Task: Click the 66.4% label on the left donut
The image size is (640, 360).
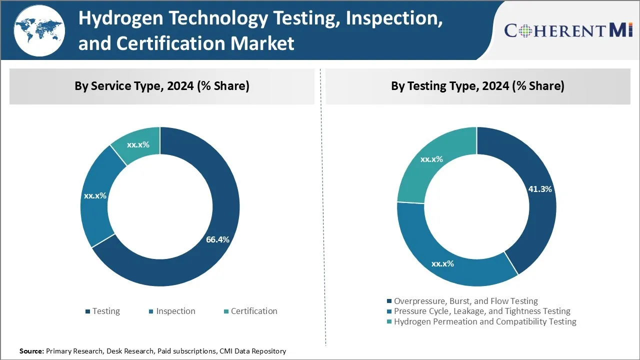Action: [x=217, y=239]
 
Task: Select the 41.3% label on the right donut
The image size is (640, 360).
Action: [x=540, y=189]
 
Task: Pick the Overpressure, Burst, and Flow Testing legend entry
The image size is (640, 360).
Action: [x=462, y=301]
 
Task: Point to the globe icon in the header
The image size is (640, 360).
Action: [x=39, y=30]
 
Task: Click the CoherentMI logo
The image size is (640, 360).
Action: [x=569, y=30]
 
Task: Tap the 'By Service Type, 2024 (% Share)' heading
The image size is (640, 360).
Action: [x=162, y=86]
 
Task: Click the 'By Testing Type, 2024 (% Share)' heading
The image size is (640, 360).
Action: [x=477, y=86]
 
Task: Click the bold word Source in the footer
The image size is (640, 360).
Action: [x=31, y=351]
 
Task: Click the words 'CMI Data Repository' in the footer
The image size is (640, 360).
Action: [x=252, y=351]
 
